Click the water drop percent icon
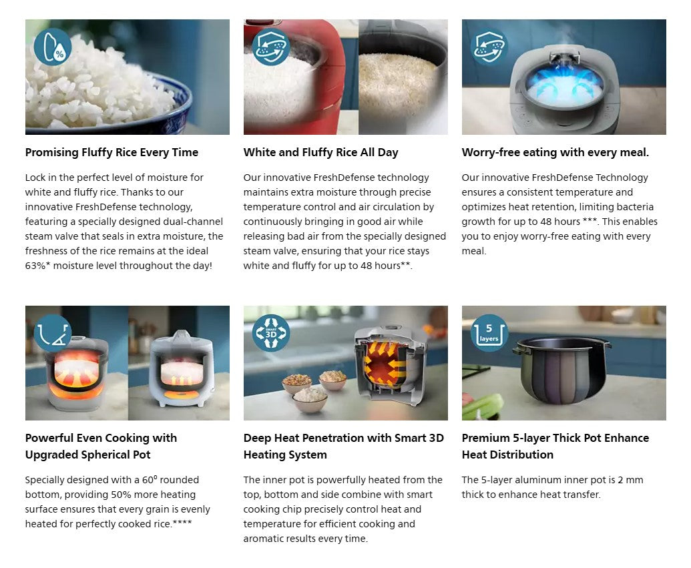[x=53, y=47]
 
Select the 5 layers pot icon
[x=489, y=332]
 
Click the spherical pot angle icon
[x=53, y=332]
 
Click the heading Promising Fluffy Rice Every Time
[x=111, y=152]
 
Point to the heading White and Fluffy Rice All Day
[x=321, y=152]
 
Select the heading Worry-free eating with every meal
[x=555, y=152]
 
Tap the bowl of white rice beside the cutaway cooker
[x=310, y=398]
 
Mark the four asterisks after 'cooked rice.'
[x=182, y=523]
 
